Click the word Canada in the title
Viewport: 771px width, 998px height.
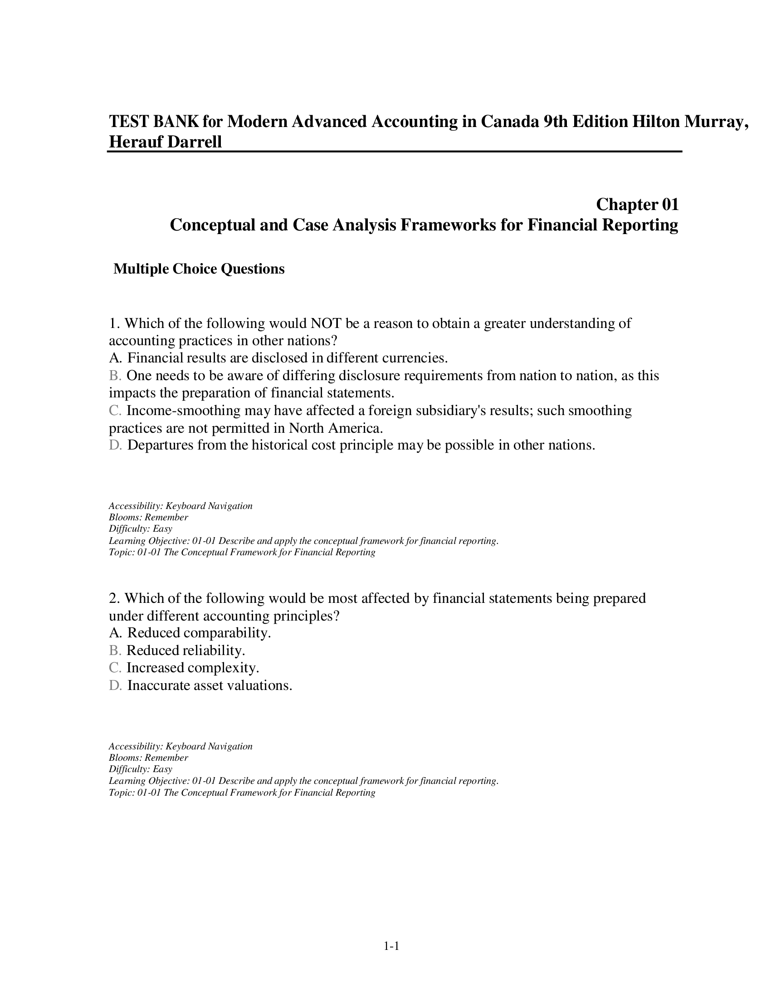[x=508, y=122]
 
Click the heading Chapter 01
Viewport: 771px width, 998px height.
[x=637, y=204]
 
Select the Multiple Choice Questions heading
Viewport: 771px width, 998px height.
[x=199, y=269]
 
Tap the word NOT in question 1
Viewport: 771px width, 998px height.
[x=326, y=323]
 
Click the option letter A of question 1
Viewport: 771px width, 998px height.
[x=114, y=358]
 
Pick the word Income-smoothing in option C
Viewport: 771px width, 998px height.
[x=183, y=411]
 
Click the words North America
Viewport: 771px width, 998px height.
[x=335, y=428]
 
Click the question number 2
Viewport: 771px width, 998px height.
[x=114, y=598]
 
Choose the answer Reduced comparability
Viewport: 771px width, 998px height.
[x=199, y=633]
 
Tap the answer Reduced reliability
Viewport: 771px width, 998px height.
[x=185, y=650]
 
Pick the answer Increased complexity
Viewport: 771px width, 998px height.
[x=193, y=668]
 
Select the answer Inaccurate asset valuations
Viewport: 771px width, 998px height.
[x=210, y=685]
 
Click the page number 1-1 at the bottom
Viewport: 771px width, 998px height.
[x=391, y=946]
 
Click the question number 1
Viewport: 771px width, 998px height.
[x=114, y=323]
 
